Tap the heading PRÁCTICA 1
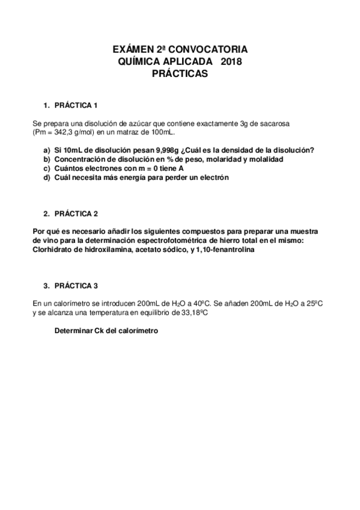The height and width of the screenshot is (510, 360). (x=76, y=105)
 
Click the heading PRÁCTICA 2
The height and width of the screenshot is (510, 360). (x=76, y=214)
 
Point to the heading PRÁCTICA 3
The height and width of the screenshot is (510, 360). (x=76, y=286)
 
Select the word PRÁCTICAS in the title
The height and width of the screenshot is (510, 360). (x=180, y=74)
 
